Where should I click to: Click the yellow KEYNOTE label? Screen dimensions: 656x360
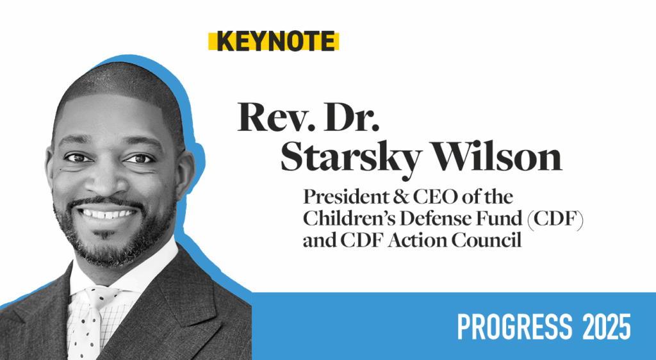tap(274, 41)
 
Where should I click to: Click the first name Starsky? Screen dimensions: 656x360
tap(351, 160)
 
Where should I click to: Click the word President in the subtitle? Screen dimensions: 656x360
tap(350, 197)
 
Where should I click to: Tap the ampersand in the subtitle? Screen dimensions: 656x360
tap(406, 197)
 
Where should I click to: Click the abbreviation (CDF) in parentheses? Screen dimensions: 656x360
tap(555, 219)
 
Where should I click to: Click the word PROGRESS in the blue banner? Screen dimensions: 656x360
tap(514, 327)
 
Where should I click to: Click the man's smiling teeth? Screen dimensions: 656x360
tap(108, 214)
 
